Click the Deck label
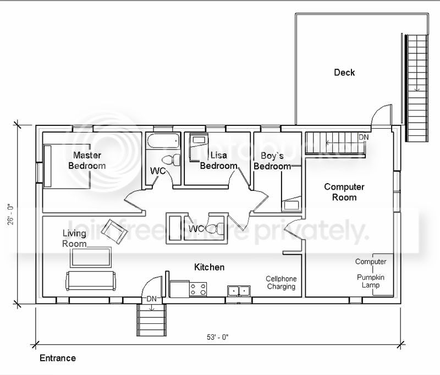coord(344,73)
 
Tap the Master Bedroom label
coord(87,161)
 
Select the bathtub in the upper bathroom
coord(163,141)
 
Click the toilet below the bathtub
coord(170,160)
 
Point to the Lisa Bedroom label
coord(218,161)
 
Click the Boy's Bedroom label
coord(272,161)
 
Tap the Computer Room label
coord(344,192)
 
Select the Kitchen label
coord(210,267)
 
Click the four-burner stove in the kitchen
coord(198,289)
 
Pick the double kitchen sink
coord(239,291)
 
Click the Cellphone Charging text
coord(281,283)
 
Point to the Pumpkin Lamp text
coord(371,282)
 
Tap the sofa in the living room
coord(91,281)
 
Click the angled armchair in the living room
coord(114,231)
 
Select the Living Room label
coord(74,239)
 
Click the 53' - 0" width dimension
coord(218,337)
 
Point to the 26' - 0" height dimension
coord(10,214)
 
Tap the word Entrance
coord(58,358)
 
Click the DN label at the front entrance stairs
coord(152,299)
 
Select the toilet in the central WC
coord(215,229)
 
